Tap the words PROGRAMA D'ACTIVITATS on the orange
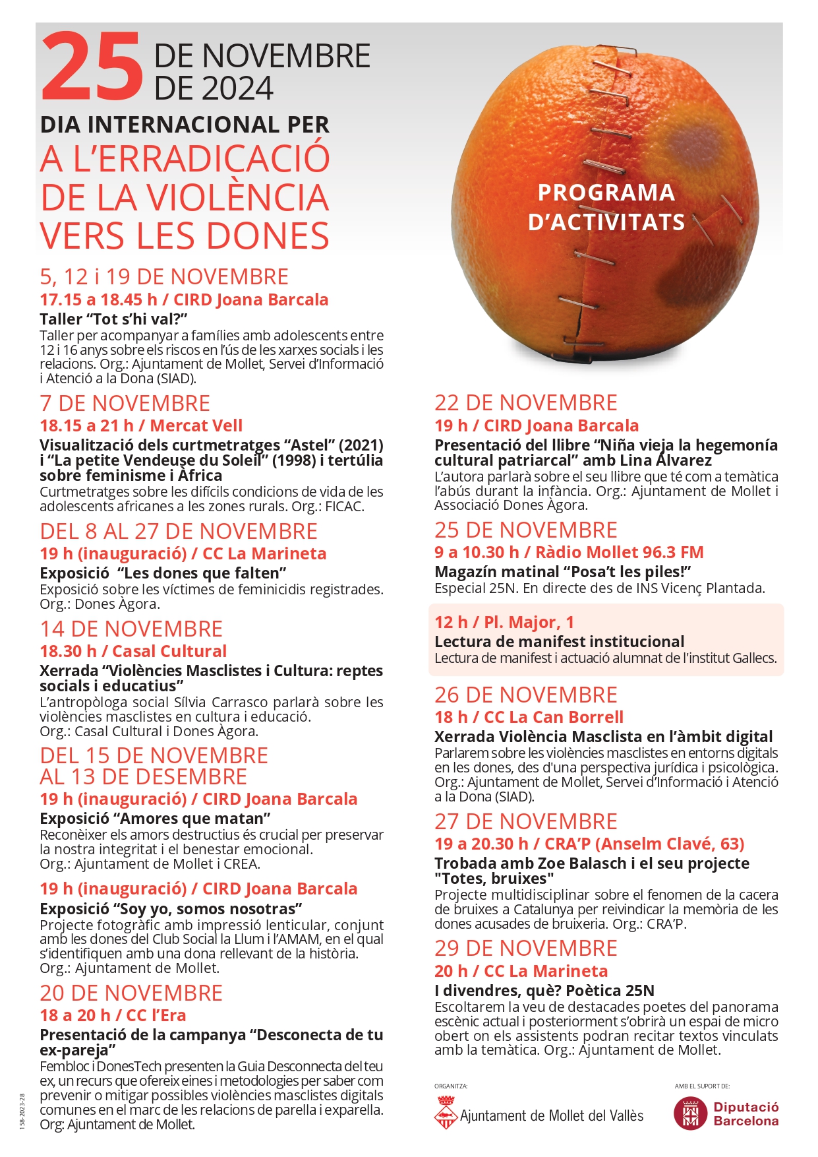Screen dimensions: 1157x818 [x=606, y=207]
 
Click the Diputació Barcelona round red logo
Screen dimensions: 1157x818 [x=690, y=1113]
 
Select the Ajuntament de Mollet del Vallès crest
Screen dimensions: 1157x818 [x=446, y=1112]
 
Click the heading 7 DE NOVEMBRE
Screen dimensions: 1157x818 [x=125, y=403]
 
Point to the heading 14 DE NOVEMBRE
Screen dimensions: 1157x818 [x=131, y=629]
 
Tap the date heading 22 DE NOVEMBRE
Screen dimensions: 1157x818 [x=525, y=402]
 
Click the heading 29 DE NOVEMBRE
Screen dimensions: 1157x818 [x=525, y=948]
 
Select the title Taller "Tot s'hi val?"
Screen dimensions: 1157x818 [x=114, y=319]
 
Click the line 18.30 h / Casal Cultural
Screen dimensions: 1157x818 [x=133, y=651]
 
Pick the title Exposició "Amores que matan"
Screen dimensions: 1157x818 [x=155, y=819]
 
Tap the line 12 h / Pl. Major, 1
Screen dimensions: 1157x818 [x=504, y=622]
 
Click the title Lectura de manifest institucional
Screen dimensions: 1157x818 [x=559, y=641]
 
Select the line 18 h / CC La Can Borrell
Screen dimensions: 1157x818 [x=529, y=717]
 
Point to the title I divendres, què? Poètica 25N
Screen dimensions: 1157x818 [x=544, y=990]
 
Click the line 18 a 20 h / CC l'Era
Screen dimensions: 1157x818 [x=113, y=1015]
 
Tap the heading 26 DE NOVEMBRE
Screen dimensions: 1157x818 [x=525, y=695]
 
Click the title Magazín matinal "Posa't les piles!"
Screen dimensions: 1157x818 [x=562, y=571]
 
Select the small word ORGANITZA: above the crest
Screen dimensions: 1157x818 [x=451, y=1086]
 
